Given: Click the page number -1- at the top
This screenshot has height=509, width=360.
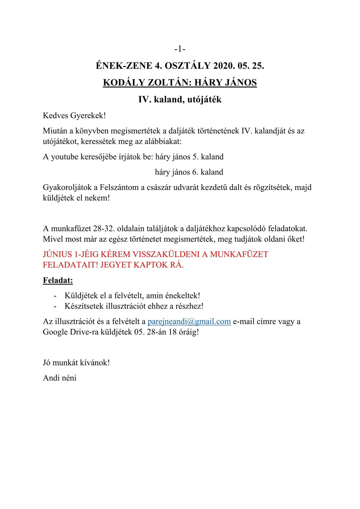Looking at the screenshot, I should tap(180, 49).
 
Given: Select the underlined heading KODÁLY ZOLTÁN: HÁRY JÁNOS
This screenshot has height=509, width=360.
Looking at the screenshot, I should tap(180, 83).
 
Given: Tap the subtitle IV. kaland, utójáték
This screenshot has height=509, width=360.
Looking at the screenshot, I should tap(180, 100).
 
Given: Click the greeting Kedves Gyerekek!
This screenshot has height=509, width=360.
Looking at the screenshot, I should tap(74, 116).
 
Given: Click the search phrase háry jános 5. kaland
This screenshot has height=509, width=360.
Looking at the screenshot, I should tap(189, 157).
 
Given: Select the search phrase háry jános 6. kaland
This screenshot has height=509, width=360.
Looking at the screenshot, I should tap(189, 172).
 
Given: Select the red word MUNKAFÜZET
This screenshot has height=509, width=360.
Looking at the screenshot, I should tap(239, 255).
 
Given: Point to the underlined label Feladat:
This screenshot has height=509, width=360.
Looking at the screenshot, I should tap(58, 281).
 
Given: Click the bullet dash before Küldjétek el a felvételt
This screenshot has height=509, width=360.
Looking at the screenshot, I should tap(55, 296).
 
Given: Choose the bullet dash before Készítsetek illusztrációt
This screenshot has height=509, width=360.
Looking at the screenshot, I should tap(55, 306).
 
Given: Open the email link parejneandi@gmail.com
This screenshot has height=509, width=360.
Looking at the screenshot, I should tap(189, 322).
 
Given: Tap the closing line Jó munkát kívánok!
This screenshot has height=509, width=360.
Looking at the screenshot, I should tap(76, 363).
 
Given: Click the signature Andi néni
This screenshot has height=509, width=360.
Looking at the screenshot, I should tap(60, 378).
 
